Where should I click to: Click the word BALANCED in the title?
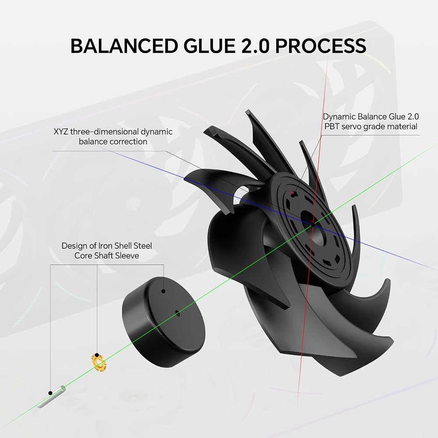124,46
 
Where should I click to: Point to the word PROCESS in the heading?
321,46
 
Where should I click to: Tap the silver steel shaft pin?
51,397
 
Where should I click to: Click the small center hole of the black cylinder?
177,313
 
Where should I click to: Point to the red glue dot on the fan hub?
293,193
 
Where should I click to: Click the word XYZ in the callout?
60,131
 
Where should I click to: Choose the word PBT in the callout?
332,127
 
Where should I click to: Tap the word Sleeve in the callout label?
127,256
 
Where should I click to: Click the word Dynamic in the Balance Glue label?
339,117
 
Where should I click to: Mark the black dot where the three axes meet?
313,224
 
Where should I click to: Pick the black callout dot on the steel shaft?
50,393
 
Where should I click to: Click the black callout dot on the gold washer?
97,355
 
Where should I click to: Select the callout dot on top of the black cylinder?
164,291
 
